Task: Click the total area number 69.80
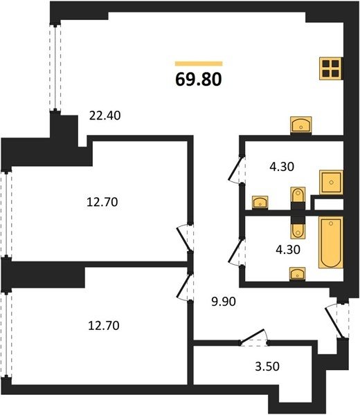pyautogui.click(x=199, y=80)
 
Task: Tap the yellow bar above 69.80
pyautogui.click(x=199, y=64)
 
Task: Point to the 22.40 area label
pyautogui.click(x=105, y=116)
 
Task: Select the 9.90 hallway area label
pyautogui.click(x=224, y=302)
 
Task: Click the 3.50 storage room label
pyautogui.click(x=267, y=367)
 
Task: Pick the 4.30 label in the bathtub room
pyautogui.click(x=288, y=250)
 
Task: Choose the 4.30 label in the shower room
pyautogui.click(x=282, y=167)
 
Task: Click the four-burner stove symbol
pyautogui.click(x=331, y=68)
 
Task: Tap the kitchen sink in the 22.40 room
pyautogui.click(x=301, y=125)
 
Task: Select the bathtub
pyautogui.click(x=331, y=243)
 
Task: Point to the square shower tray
pyautogui.click(x=331, y=183)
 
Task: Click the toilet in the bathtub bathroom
pyautogui.click(x=298, y=228)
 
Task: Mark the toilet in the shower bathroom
pyautogui.click(x=298, y=198)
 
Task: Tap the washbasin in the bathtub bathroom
pyautogui.click(x=298, y=274)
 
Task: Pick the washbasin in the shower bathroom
pyautogui.click(x=260, y=203)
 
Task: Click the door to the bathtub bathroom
pyautogui.click(x=237, y=252)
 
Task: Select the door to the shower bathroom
pyautogui.click(x=237, y=169)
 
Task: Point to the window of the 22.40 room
pyautogui.click(x=55, y=68)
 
